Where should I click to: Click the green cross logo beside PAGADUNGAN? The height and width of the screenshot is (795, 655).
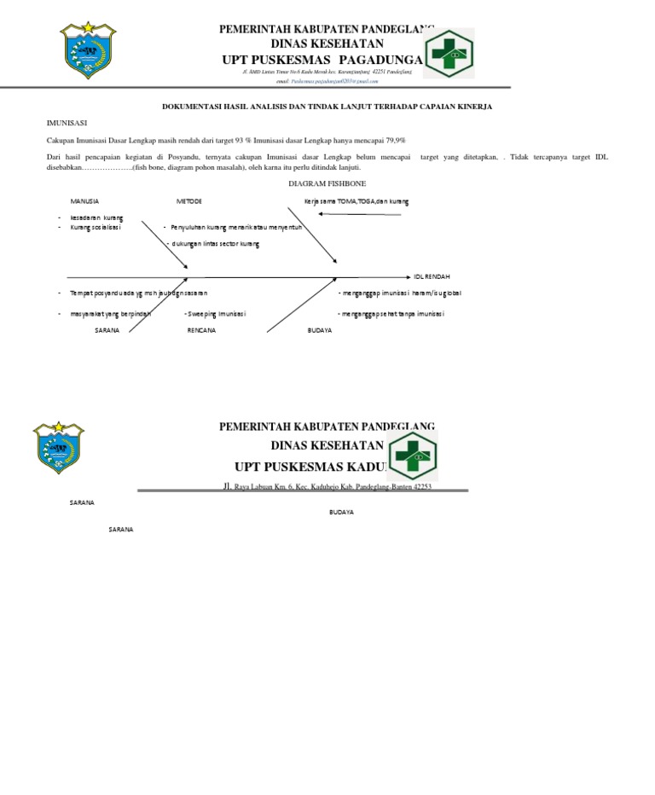(449, 53)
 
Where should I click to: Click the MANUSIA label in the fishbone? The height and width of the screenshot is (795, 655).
(84, 201)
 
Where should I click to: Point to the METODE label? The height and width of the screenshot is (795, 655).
(189, 201)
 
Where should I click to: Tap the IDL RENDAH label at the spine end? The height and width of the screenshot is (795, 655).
(432, 277)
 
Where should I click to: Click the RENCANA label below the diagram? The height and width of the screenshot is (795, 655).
(201, 330)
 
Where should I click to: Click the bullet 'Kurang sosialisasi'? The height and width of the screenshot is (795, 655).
(96, 228)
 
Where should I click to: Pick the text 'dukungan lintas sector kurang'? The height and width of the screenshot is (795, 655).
(216, 244)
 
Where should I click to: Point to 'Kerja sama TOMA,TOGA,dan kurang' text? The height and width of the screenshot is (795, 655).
(356, 201)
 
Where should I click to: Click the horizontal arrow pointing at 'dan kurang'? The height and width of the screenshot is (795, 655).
(358, 215)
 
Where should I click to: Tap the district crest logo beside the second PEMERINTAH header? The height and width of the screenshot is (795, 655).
(58, 449)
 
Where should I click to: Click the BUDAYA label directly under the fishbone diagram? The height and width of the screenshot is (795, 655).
(320, 330)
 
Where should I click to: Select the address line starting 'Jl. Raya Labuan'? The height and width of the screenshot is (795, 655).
(327, 485)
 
